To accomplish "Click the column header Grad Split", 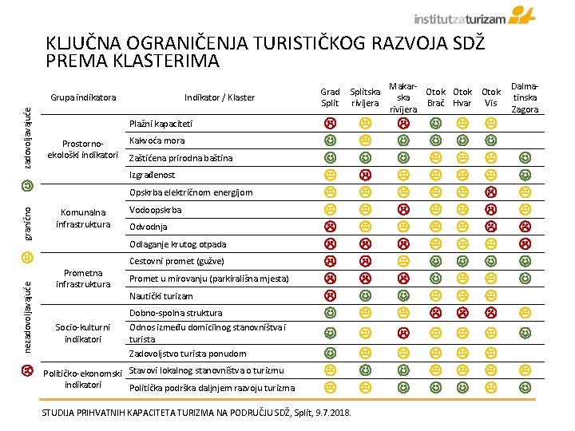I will point(330,97).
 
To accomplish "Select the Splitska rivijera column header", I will point(365,97).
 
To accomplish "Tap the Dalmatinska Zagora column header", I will point(525,97).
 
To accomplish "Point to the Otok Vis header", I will point(491,97).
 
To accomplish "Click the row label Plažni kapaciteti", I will point(161,124).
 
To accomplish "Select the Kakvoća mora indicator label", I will point(157,140).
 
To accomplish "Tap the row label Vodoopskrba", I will point(155,210).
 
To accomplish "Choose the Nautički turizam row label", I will point(161,295).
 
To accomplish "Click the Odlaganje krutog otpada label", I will point(177,244).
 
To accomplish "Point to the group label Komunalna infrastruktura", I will point(83,218).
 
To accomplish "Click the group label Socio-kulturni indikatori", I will point(83,332).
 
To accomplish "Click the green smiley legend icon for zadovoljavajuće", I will point(27,185).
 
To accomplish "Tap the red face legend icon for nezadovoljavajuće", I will point(27,371).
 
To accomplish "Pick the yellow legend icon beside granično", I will point(27,257).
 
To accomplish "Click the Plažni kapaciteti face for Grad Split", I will point(330,124).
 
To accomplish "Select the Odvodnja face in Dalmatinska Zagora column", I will point(525,227).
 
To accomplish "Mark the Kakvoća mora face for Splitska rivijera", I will point(365,140).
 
